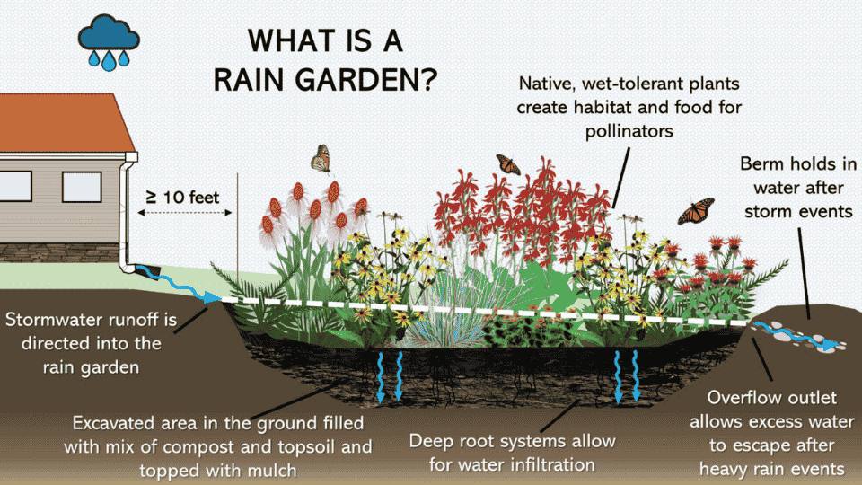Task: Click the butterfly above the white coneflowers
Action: (x=321, y=159)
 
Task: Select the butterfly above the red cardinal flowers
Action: (x=507, y=164)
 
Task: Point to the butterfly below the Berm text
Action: (x=696, y=211)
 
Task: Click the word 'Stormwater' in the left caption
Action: (x=53, y=321)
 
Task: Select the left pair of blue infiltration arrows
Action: (x=389, y=375)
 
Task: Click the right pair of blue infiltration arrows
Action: (x=628, y=375)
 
